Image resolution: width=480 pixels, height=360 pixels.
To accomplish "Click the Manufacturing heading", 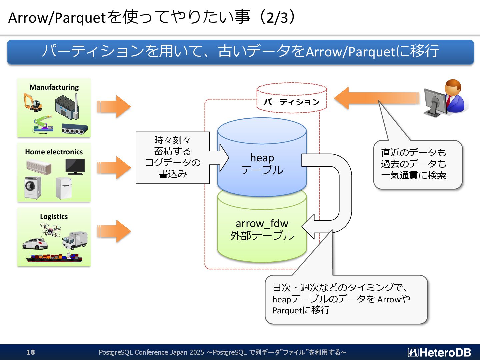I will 54,87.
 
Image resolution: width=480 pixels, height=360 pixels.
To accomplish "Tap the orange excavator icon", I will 33,103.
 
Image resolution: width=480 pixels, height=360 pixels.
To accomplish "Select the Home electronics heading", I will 54,152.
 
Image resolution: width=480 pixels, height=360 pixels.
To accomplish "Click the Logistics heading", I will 54,217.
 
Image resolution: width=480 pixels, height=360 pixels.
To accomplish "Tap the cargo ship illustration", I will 54,257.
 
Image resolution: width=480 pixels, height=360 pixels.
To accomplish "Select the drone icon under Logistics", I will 50,229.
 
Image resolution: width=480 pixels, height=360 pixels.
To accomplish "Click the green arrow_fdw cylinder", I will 262,230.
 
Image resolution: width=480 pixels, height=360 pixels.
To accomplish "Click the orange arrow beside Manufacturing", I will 114,107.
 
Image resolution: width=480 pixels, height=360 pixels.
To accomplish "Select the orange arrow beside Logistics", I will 114,231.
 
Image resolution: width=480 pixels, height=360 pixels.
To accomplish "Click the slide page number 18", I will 31,352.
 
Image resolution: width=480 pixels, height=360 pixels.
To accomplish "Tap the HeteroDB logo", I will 439,352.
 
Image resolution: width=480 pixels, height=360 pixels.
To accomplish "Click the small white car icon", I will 35,244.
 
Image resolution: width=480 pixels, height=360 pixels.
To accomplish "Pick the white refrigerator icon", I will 63,188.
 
